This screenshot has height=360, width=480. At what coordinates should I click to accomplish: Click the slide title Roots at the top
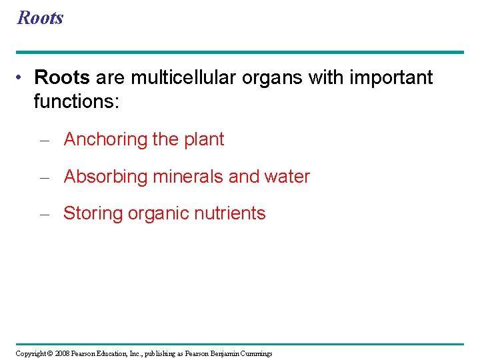point(40,17)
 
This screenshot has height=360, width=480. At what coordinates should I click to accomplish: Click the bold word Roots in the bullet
point(61,78)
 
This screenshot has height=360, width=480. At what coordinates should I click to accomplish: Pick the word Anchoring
point(105,140)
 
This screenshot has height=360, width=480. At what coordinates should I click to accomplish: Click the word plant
point(204,140)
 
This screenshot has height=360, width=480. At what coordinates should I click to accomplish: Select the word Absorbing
point(105,177)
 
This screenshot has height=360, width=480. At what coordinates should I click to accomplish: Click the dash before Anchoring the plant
point(45,140)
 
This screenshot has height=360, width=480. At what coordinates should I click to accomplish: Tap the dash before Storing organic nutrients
point(45,214)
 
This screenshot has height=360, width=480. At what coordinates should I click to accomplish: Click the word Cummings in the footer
point(255,353)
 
